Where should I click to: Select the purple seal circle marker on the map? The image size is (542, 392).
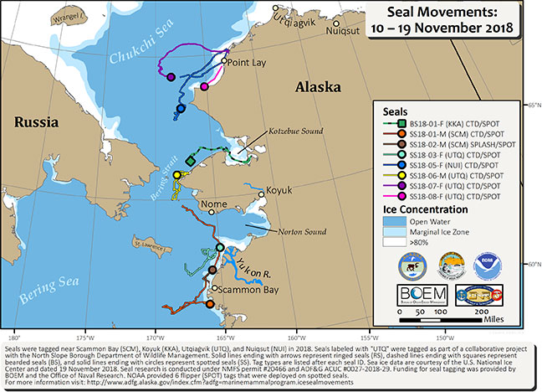pyautogui.click(x=171, y=77)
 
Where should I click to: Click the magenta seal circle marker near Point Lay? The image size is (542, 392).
pyautogui.click(x=204, y=85)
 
